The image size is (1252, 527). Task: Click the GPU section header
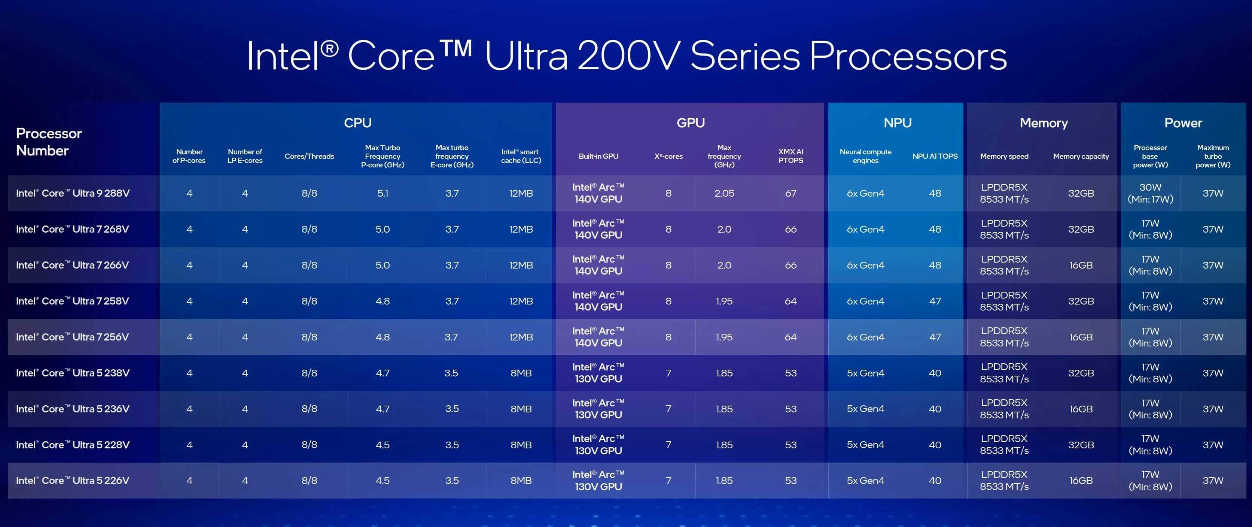(690, 122)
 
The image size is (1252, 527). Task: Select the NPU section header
(897, 122)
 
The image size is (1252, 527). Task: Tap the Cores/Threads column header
(309, 156)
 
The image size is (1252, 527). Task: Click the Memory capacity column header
(1081, 156)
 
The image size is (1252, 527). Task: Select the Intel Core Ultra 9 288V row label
(73, 193)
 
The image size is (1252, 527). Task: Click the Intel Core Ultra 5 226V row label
(73, 480)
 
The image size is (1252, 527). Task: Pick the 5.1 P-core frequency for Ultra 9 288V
(383, 193)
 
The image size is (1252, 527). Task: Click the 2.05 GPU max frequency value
(724, 193)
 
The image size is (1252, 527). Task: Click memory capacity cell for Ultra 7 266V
(1081, 265)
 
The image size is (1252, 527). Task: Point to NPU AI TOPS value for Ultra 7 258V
(935, 301)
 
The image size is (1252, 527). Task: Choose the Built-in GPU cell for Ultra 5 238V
(598, 373)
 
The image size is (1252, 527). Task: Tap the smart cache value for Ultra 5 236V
(521, 409)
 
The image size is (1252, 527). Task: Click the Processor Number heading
(49, 142)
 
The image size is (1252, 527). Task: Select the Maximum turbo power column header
(1213, 156)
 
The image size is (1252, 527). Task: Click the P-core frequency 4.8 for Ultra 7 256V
(383, 337)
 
